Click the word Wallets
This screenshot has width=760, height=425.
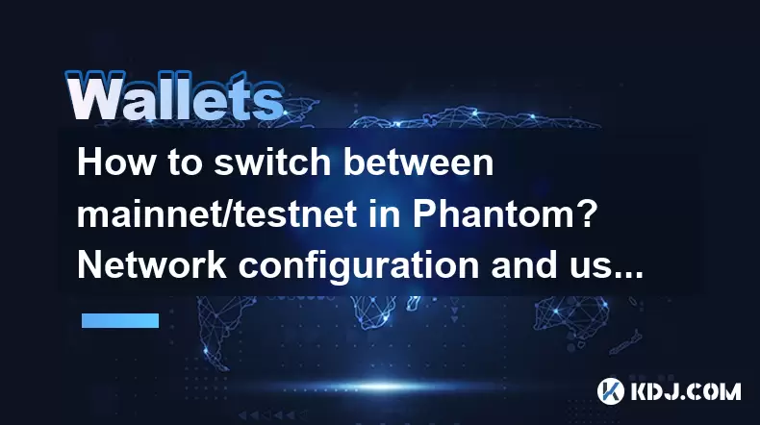[x=175, y=97]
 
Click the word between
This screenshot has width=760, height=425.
[x=418, y=162]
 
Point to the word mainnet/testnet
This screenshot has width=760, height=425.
[x=217, y=213]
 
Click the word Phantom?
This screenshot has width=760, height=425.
[x=504, y=213]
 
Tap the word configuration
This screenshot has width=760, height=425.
[x=359, y=266]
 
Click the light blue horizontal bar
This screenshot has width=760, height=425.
[x=120, y=320]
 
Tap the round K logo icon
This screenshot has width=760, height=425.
[x=610, y=391]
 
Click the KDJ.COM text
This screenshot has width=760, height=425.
[x=685, y=391]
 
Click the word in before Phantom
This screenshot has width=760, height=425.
[x=385, y=213]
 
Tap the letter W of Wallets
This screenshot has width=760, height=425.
[x=94, y=97]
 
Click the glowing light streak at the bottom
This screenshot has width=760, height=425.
[x=383, y=387]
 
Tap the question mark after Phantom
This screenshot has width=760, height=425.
[x=587, y=213]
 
